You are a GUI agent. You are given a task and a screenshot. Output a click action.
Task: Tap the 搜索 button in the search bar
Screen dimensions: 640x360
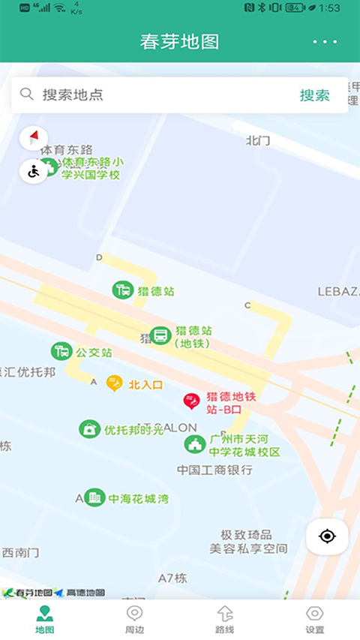point(315,95)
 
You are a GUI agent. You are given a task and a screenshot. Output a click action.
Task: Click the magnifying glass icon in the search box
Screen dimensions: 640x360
point(27,94)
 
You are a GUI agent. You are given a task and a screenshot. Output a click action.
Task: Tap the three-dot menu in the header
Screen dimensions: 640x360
point(325,42)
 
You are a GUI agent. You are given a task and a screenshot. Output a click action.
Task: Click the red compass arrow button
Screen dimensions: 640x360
point(33,137)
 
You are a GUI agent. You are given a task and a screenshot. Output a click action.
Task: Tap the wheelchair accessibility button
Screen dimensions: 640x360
point(34,171)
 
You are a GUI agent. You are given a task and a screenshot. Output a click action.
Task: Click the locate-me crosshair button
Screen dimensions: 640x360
point(327,536)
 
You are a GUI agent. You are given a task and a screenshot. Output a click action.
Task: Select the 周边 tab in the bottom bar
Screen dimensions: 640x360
point(135,620)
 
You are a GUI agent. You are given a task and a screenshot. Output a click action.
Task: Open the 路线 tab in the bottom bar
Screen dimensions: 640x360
point(225,620)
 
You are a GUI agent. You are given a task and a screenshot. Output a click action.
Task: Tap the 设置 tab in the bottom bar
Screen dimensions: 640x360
point(315,620)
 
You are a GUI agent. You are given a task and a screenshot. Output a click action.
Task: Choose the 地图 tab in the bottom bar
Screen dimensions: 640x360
point(45,620)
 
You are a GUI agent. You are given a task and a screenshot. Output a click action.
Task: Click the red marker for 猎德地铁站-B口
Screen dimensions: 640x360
point(191,401)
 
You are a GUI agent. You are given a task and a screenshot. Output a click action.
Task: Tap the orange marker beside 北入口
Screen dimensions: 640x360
point(114,383)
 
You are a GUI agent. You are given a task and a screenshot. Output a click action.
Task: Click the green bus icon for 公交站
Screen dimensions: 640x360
point(61,350)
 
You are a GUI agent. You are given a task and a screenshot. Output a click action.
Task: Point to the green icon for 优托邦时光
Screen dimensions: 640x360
point(89,429)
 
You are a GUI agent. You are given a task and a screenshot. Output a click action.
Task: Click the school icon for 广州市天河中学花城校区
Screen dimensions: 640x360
point(195,444)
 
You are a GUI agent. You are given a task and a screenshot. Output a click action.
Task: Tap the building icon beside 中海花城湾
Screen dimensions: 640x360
point(94,497)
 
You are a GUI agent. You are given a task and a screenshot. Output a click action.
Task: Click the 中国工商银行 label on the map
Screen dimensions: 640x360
point(214,470)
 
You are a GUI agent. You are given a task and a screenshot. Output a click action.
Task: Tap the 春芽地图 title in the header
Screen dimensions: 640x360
point(179,42)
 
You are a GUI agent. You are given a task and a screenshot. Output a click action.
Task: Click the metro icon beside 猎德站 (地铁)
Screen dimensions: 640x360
point(160,336)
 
